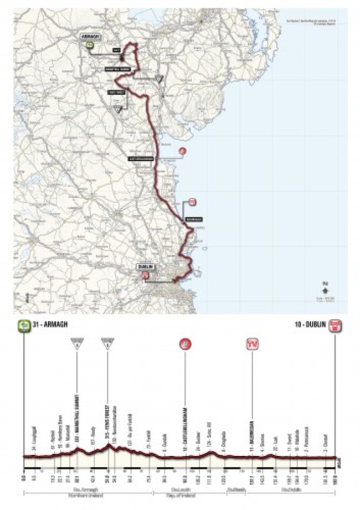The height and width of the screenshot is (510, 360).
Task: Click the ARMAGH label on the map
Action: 90,36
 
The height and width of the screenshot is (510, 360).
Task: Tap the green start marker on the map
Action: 90,46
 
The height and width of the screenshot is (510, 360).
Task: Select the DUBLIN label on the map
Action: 146,266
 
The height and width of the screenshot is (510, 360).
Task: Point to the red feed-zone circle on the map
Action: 182,151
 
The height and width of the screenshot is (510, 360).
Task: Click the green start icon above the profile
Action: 24,326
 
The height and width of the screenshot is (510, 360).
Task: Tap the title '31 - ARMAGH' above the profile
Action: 50,325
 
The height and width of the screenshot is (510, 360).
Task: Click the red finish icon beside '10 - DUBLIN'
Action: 335,326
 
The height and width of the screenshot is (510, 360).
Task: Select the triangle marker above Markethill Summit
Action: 76,344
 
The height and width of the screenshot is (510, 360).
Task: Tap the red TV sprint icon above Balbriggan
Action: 253,344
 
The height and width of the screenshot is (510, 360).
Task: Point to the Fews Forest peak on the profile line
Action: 108,444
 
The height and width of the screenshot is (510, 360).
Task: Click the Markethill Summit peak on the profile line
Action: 77,449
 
